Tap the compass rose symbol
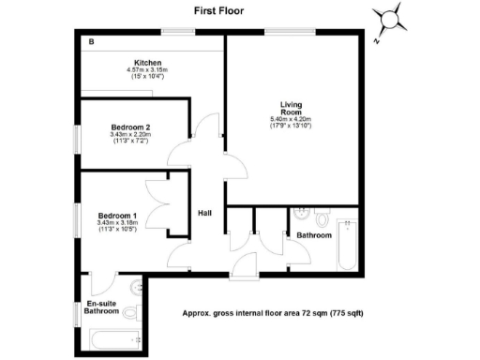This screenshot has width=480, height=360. coord(392,19)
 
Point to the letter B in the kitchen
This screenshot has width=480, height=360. coord(91,42)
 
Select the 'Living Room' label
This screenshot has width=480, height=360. coord(292,108)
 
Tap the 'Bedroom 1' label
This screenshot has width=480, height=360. coord(118,216)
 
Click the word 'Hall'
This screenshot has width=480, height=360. coord(204,213)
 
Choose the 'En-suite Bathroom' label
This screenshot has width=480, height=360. coord(101,308)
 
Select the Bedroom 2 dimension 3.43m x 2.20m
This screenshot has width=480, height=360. coord(129,134)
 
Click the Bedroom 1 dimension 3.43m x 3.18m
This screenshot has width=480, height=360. coord(119,223)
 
